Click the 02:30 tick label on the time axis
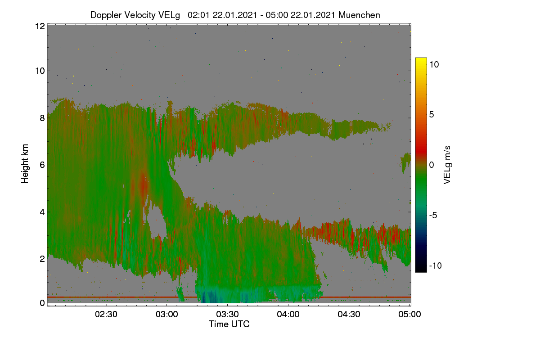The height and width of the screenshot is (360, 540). pyautogui.click(x=106, y=314)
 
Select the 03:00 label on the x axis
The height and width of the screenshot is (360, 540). pyautogui.click(x=167, y=314)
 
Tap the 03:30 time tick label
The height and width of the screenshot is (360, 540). pyautogui.click(x=227, y=314)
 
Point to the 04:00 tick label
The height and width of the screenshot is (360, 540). pyautogui.click(x=288, y=314)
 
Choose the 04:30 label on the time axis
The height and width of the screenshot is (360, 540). pyautogui.click(x=349, y=314)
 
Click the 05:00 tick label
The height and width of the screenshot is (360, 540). pyautogui.click(x=409, y=314)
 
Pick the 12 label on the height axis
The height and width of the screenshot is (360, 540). pyautogui.click(x=40, y=26)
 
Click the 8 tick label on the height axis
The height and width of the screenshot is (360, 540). pyautogui.click(x=42, y=118)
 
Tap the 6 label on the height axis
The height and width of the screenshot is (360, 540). pyautogui.click(x=42, y=165)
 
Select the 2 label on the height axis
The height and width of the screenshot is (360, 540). pyautogui.click(x=42, y=259)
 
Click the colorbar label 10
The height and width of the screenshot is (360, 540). pyautogui.click(x=434, y=64)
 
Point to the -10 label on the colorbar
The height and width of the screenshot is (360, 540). pyautogui.click(x=436, y=265)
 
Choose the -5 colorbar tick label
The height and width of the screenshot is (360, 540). pyautogui.click(x=433, y=215)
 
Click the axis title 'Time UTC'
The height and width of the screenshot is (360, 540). pyautogui.click(x=229, y=324)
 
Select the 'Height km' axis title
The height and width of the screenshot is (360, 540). pyautogui.click(x=25, y=164)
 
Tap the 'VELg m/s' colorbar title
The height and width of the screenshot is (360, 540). pyautogui.click(x=447, y=165)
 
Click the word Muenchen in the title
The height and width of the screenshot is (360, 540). pyautogui.click(x=359, y=15)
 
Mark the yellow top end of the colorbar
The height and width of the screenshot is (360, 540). pyautogui.click(x=421, y=58)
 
